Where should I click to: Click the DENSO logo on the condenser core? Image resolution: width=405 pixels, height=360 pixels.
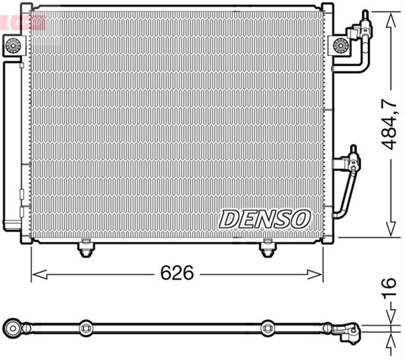click(x=265, y=219)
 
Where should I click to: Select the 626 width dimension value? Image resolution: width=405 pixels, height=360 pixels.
click(x=177, y=273)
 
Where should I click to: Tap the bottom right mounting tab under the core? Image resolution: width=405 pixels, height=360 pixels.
click(x=268, y=250)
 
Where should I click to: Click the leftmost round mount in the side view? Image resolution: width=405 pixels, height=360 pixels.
click(x=13, y=327)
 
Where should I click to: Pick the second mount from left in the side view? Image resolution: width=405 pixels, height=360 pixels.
click(x=85, y=328)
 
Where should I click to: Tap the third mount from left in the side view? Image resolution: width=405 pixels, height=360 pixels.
click(x=268, y=328)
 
